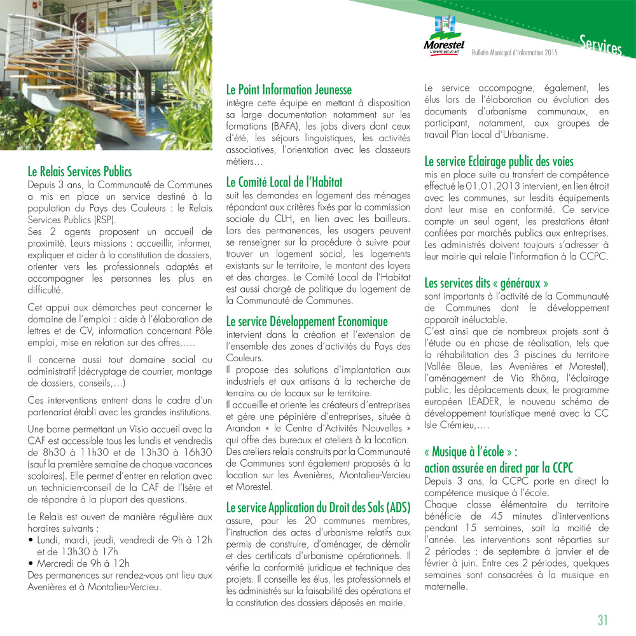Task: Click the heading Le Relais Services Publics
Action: pos(79,172)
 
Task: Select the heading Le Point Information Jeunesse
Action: pos(289,90)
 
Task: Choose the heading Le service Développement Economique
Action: pos(307,322)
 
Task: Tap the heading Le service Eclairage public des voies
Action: pos(499,162)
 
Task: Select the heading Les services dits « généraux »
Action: pos(486,282)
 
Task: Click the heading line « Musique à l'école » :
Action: pos(471,452)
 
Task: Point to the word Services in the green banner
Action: pos(600,45)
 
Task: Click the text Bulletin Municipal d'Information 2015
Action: pos(515,53)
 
